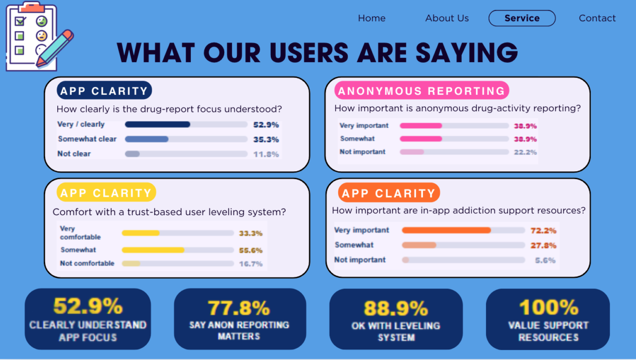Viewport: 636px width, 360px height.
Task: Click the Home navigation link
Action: pos(372,18)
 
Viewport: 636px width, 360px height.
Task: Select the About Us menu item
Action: pos(447,18)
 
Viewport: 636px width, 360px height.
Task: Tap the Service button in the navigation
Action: pos(522,18)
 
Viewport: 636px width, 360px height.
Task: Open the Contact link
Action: pos(597,18)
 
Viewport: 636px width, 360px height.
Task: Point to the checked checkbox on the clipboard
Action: pos(20,21)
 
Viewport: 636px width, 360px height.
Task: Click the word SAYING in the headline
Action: pos(467,52)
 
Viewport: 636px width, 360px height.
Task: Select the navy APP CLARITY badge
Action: pos(104,90)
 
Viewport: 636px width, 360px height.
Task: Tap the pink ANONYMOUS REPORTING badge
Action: pos(422,90)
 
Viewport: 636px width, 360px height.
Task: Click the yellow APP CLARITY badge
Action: pos(106,192)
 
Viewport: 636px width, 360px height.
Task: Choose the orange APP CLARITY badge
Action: pos(389,192)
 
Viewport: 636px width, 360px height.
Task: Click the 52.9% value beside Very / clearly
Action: pos(266,125)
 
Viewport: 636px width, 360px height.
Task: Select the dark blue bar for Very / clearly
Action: pos(157,125)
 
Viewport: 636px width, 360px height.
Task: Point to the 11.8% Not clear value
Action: pos(266,154)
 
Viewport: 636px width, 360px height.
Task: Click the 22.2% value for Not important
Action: pos(525,152)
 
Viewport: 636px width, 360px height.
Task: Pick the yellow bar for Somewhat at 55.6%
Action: pos(153,250)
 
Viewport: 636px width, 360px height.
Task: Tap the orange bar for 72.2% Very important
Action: pos(446,230)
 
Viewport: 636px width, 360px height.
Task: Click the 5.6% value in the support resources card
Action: pos(545,260)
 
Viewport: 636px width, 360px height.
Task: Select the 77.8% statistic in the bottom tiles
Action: pos(239,308)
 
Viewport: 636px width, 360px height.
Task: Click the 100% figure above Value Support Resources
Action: pos(549,307)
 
